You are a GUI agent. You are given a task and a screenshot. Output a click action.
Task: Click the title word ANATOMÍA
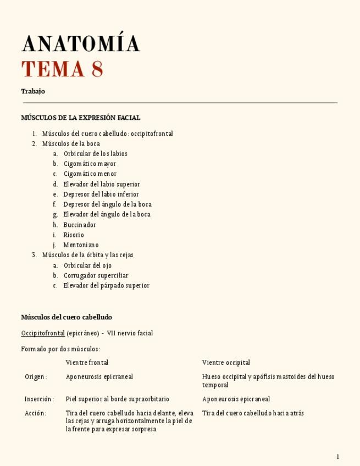tap(81, 44)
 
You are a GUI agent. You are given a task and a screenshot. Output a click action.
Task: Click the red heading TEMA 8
tap(62, 70)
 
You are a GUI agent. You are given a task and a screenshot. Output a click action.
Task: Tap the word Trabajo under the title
tap(33, 91)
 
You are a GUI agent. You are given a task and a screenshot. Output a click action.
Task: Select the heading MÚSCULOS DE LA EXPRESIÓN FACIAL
tap(80, 118)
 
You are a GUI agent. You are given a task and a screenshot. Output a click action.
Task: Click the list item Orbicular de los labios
tap(95, 154)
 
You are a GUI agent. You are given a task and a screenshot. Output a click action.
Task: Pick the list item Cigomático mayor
tap(90, 164)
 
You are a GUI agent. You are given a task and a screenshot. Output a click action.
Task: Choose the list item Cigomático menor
tap(90, 174)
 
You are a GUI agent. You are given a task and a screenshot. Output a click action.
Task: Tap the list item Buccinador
tap(80, 225)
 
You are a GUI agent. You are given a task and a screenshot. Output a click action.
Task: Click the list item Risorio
tap(74, 235)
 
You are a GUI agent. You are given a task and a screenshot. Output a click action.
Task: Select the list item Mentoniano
tap(81, 245)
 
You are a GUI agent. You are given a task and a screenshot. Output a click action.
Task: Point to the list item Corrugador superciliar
tap(96, 275)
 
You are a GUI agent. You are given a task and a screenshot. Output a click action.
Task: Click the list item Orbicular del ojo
tap(87, 265)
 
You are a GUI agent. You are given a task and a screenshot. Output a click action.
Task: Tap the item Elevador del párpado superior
tap(106, 286)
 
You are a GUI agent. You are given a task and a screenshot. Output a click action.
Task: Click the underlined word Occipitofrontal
tap(43, 333)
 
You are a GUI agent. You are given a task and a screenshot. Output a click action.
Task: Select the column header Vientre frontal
tap(87, 363)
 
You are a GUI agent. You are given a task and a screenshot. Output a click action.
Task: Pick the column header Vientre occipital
tap(226, 363)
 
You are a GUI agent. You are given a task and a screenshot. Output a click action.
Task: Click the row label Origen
tap(36, 377)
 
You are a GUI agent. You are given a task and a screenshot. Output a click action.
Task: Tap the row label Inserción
tap(39, 399)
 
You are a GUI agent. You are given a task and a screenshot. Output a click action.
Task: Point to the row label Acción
tap(35, 413)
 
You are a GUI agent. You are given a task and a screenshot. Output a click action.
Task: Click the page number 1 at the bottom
tap(337, 457)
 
